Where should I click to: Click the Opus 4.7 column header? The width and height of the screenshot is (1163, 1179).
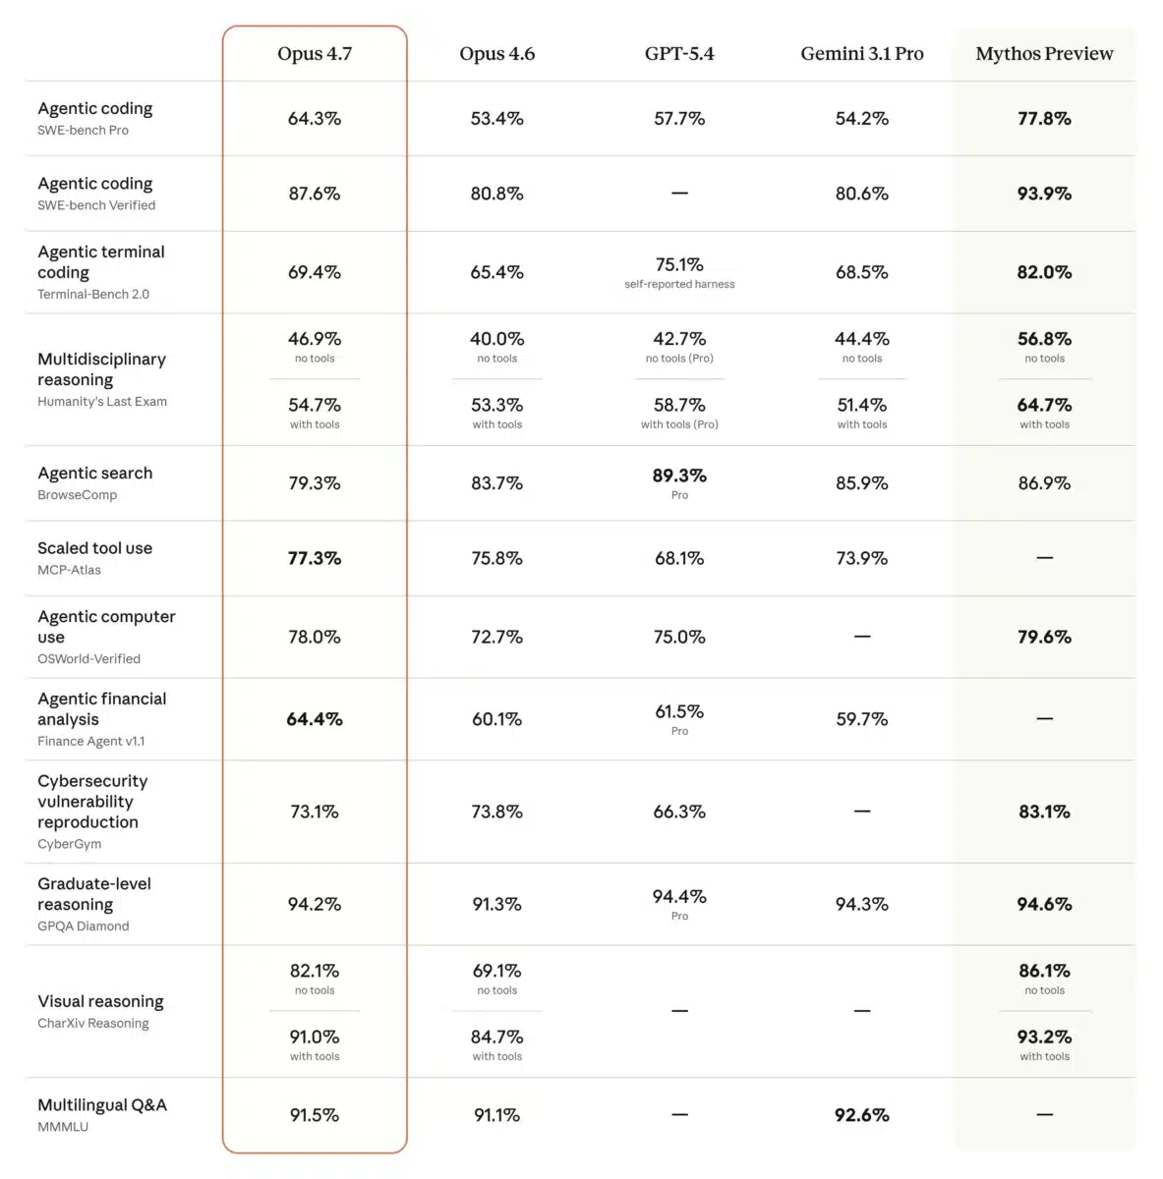(315, 54)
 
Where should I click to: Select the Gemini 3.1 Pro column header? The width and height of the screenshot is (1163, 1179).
(862, 54)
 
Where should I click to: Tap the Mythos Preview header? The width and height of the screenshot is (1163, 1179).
(1044, 54)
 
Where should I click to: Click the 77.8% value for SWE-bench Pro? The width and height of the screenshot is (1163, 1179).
(1044, 118)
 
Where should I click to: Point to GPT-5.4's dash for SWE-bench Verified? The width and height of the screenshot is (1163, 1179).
(679, 194)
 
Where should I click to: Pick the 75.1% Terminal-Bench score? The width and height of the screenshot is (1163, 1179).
(679, 264)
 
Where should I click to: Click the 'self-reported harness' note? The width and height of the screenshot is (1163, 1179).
(679, 284)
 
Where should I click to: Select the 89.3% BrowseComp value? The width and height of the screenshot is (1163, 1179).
(679, 476)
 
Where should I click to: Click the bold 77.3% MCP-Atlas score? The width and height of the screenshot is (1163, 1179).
(315, 558)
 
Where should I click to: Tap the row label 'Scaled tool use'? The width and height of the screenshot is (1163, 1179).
(95, 548)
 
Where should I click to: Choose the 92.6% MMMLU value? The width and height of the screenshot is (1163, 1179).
(862, 1115)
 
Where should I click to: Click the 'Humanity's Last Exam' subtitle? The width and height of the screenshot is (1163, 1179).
(102, 402)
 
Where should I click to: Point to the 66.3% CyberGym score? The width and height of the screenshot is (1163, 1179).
(679, 812)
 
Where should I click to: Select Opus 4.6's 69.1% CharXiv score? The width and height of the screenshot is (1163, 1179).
(496, 971)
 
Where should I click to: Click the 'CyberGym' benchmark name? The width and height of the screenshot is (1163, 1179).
(69, 844)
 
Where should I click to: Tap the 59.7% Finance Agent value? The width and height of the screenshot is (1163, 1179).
(862, 719)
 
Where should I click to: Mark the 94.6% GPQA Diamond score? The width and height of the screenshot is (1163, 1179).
(1044, 904)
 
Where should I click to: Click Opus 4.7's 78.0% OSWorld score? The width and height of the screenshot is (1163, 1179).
(315, 637)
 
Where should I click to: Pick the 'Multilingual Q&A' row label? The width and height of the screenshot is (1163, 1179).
(102, 1105)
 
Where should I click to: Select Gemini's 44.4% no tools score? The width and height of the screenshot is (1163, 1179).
(862, 338)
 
